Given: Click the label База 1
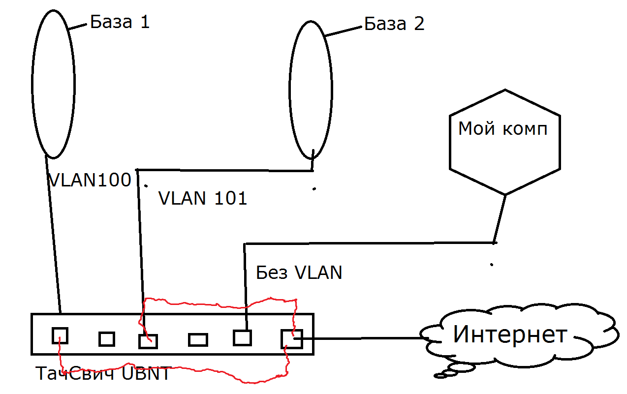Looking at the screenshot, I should point(120,22).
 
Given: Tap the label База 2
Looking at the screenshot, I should point(394,24).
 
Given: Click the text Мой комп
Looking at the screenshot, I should point(502,129).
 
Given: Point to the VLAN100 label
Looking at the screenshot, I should point(90,180).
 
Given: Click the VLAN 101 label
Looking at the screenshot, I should point(202,198).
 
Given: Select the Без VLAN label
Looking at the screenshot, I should point(299,272).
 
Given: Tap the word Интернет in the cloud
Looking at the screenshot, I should point(510,334).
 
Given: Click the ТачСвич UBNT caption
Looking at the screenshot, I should point(103,374).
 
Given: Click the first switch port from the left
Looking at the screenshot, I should point(60,336).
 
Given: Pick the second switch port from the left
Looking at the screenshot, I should point(107,339).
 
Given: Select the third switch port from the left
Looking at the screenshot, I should point(148,341).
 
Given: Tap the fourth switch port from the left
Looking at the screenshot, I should point(198,339).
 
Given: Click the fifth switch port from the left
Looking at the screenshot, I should point(242,338).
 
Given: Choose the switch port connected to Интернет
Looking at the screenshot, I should point(292,339).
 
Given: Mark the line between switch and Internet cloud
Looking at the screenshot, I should point(364,338).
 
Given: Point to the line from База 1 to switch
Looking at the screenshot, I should point(54,236).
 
